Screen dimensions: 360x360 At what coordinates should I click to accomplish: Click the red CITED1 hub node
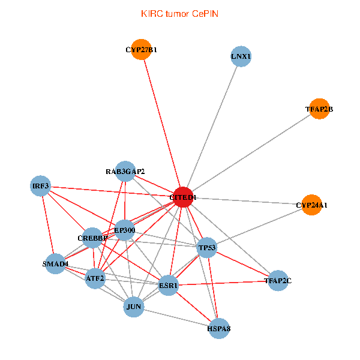[183, 197]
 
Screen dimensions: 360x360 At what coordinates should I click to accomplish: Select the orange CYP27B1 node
[142, 50]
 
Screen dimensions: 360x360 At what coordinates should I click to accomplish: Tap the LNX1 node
[241, 57]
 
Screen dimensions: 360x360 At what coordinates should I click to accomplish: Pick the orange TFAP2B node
[319, 109]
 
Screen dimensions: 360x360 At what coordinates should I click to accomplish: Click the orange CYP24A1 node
[311, 205]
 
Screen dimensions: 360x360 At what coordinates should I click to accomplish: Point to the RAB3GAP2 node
[125, 172]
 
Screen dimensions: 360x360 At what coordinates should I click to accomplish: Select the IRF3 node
[41, 186]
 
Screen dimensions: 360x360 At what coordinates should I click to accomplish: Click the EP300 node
[124, 230]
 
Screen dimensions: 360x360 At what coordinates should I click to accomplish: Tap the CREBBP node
[92, 238]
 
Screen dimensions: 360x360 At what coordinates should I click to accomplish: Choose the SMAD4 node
[55, 263]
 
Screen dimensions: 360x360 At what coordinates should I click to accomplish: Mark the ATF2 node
[95, 278]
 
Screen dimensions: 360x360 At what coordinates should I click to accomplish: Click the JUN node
[134, 307]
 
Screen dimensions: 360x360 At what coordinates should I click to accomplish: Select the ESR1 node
[169, 286]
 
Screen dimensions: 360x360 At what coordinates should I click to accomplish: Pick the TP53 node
[206, 247]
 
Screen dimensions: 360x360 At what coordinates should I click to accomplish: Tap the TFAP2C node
[278, 280]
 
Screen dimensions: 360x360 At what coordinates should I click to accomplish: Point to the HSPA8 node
[220, 328]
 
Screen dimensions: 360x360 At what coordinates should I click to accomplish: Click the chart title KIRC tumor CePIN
[179, 13]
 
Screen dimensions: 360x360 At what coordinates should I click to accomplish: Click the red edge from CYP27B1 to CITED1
[163, 124]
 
